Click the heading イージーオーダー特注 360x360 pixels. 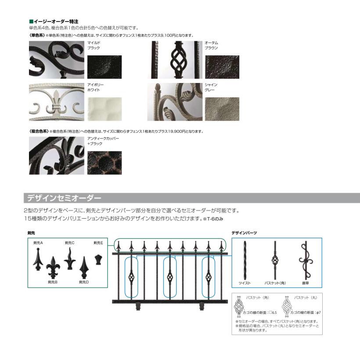pyautogui.click(x=55, y=21)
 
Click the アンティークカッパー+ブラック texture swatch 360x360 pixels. pyautogui.click(x=104, y=163)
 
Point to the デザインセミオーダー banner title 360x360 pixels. pyautogui.click(x=64, y=198)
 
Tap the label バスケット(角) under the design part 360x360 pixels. pyautogui.click(x=275, y=284)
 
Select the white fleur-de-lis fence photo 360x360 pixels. pyautogui.click(x=57, y=101)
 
